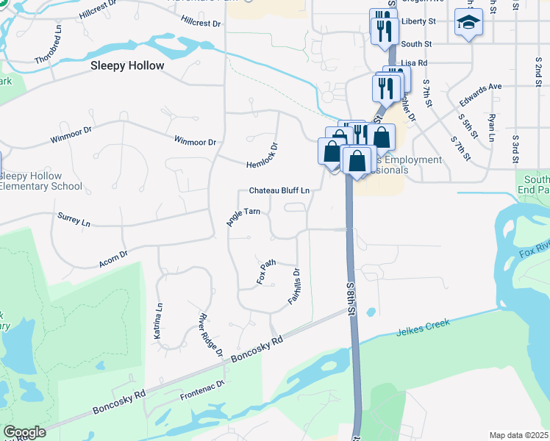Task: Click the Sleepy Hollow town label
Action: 127,65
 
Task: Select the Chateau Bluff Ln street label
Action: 279,190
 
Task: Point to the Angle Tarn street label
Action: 243,217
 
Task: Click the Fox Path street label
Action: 266,271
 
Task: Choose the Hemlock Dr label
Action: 264,155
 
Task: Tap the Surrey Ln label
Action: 74,219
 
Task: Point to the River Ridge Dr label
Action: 210,335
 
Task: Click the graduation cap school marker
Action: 468,24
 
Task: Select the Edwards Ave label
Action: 479,87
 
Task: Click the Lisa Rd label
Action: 415,64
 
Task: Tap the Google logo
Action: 24,432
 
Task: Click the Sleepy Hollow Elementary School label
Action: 41,181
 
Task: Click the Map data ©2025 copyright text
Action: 518,435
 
